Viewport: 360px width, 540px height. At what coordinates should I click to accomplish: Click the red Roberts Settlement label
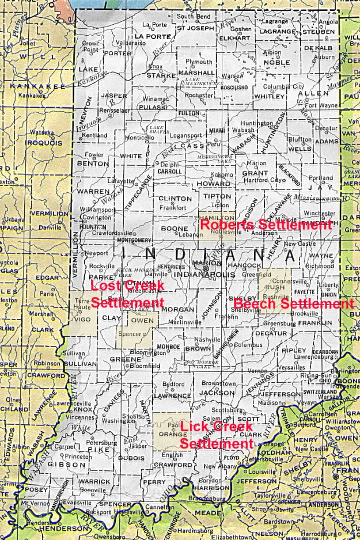(266, 225)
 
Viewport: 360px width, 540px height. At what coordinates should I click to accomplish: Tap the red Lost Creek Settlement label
(127, 294)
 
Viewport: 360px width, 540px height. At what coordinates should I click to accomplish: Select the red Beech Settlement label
(294, 303)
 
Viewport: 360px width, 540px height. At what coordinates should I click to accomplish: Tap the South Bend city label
(194, 17)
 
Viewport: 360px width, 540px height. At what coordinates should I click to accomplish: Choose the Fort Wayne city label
(320, 105)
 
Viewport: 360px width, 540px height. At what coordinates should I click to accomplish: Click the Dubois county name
(131, 459)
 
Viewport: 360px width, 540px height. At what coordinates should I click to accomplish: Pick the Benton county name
(93, 163)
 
